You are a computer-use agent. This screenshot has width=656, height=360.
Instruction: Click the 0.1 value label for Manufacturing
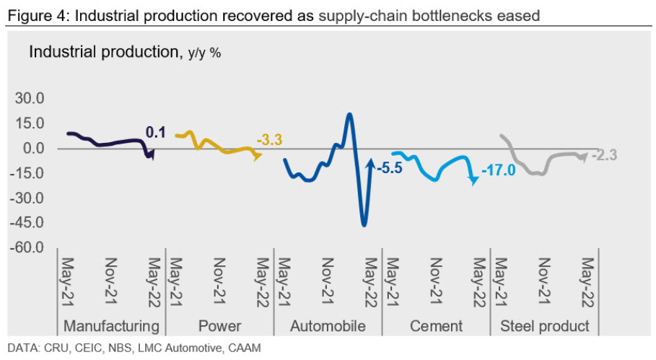156,133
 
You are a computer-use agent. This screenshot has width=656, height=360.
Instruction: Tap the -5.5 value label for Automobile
388,169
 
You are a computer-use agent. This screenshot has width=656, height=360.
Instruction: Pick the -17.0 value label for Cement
498,170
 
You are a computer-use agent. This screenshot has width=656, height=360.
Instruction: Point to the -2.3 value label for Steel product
604,154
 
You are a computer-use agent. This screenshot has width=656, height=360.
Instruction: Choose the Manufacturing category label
111,325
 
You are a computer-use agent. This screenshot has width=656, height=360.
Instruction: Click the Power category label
219,325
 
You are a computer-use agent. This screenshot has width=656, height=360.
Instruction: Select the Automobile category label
328,325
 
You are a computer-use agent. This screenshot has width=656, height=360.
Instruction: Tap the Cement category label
436,325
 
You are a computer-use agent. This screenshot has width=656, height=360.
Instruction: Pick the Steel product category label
545,325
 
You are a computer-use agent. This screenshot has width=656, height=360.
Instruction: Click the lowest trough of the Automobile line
364,225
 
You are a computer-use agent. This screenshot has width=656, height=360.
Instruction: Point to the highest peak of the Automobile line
349,114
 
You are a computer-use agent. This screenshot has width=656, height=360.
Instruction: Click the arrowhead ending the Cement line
473,182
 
